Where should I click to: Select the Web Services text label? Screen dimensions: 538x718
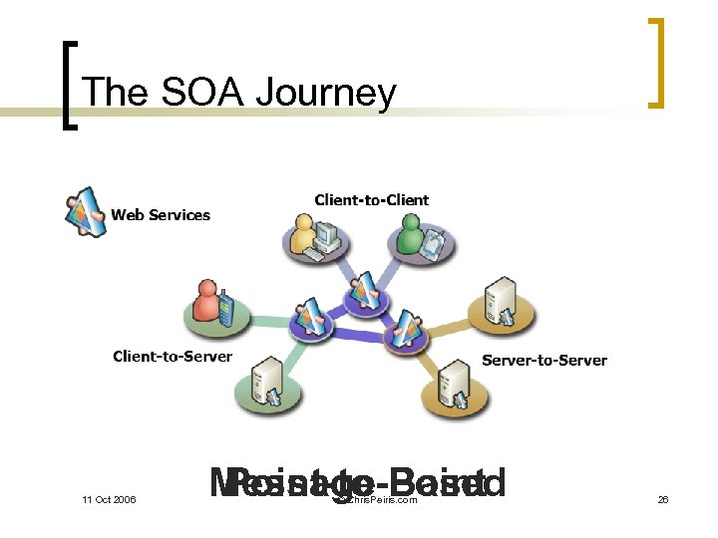[161, 214]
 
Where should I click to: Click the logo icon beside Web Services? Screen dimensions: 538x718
[85, 210]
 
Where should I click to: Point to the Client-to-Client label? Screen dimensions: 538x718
[371, 199]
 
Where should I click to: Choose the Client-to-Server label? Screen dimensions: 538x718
[173, 356]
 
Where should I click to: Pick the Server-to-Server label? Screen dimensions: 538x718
[544, 360]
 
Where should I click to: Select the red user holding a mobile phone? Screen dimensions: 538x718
[210, 304]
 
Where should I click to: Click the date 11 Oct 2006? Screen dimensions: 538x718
[109, 498]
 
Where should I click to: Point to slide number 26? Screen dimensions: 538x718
[663, 498]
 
